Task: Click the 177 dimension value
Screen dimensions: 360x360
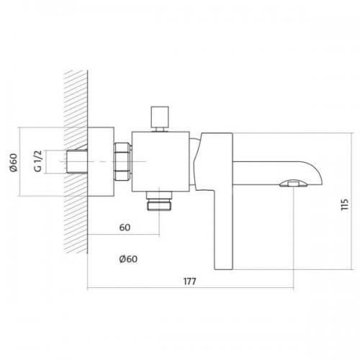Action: tap(190, 281)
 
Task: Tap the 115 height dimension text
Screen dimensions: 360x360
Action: tap(345, 204)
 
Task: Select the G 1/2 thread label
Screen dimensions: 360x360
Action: tap(38, 161)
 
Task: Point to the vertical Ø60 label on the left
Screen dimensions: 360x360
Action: tap(14, 163)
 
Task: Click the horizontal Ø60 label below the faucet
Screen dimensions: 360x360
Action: tap(128, 259)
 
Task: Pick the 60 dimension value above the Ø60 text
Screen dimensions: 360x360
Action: tap(125, 228)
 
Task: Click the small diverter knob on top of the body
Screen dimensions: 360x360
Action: tap(160, 117)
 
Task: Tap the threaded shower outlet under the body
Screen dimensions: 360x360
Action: tap(160, 201)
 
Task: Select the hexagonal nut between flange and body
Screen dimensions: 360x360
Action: tap(122, 161)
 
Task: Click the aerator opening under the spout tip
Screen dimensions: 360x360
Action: tap(293, 184)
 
